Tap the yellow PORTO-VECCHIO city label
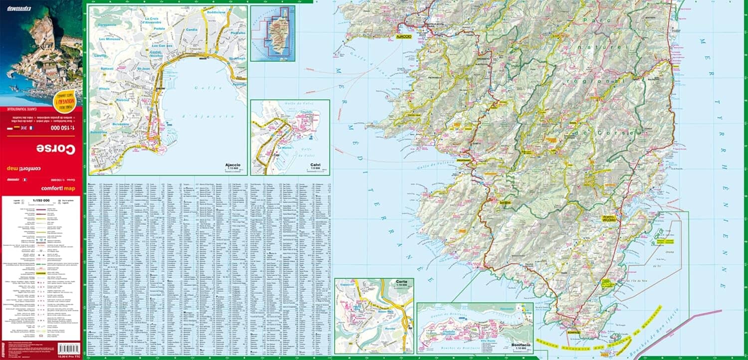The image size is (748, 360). pos(609,218)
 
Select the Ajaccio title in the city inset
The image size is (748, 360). pos(232,165)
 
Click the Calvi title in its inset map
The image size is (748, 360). pos(315,165)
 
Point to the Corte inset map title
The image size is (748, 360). pos(401,282)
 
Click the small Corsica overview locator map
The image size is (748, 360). pos(272,33)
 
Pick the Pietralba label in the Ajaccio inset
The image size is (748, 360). pos(238,33)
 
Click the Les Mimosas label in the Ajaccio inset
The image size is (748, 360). pos(110,38)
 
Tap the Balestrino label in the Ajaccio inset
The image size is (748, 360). pos(98,132)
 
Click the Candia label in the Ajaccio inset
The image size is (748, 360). pos(191,29)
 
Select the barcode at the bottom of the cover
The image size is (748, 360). pos(68,348)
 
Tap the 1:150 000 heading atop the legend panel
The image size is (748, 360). pos(41,200)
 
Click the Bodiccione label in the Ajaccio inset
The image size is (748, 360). pos(216,12)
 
